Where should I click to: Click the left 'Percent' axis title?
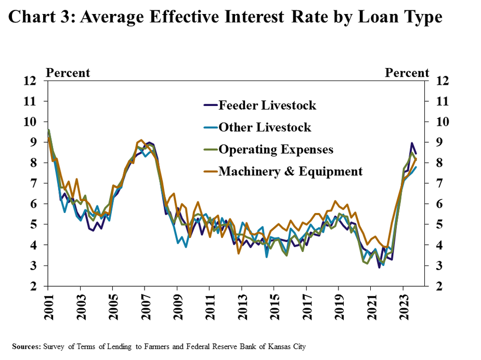click(x=68, y=73)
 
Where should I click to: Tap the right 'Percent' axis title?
click(x=407, y=73)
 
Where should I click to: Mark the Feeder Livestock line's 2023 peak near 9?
click(x=412, y=143)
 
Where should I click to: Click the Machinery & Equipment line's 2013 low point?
click(x=239, y=253)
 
